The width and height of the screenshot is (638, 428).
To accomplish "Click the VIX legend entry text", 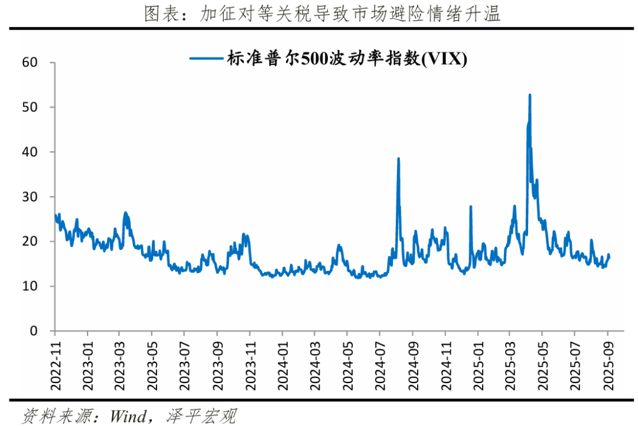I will point(345,58).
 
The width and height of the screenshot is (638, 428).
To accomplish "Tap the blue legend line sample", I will point(204,58).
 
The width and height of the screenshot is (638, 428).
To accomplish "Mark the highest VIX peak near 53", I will point(529,95).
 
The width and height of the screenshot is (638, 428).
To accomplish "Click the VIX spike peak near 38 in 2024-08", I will point(399,159).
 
